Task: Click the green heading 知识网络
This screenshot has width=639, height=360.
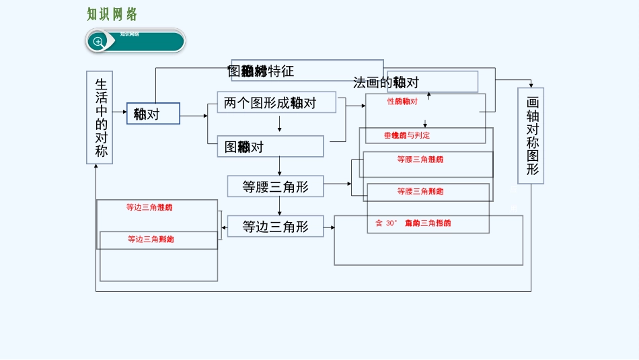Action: coord(112,14)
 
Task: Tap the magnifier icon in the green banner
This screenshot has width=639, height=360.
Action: coord(98,42)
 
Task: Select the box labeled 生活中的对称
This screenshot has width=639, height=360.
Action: coord(100,117)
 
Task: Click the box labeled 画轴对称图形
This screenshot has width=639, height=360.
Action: coord(531,135)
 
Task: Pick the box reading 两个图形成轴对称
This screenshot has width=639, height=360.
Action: coord(276,102)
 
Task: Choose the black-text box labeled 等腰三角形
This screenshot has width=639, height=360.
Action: coord(275,186)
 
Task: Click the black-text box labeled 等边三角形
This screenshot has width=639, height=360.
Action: coord(275,227)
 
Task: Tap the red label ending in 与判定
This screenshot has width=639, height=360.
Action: coord(407,135)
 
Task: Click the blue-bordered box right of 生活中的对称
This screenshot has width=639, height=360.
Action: coord(153,114)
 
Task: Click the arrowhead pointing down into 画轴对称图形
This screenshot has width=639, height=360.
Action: coord(531,84)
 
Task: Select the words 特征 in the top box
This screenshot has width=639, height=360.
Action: coord(281,71)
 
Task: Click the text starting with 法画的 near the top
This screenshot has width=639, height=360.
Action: coord(386,83)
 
